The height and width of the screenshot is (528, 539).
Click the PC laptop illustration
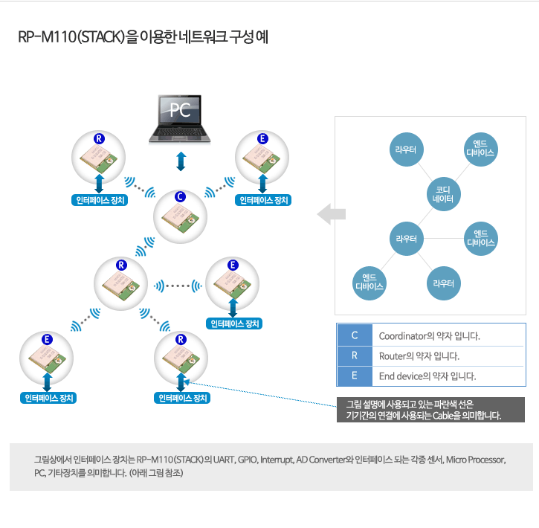179,119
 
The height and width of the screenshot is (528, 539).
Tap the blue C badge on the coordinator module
180,196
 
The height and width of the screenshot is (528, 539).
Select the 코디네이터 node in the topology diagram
443,194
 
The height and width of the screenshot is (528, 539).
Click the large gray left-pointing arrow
332,214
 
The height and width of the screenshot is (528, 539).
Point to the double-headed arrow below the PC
181,161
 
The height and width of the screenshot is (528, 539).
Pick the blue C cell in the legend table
355,335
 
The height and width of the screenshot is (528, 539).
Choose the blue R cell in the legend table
355,355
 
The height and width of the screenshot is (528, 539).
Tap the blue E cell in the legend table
355,376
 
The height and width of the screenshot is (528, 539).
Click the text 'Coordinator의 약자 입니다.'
430,336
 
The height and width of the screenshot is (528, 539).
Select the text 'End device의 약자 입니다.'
427,376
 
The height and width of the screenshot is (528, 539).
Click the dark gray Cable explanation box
430,410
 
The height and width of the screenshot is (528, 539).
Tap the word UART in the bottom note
224,460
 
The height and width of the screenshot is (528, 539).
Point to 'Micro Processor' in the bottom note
475,460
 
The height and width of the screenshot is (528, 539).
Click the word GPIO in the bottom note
248,460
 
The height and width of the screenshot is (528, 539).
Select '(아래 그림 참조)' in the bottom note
156,473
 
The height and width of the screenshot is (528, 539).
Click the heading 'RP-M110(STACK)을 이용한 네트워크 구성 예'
143,36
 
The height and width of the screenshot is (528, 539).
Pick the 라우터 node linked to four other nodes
407,239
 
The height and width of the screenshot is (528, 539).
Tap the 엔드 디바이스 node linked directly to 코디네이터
480,149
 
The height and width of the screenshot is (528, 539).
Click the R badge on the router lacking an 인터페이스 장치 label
121,265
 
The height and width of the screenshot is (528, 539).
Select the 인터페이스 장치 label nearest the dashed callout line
182,398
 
